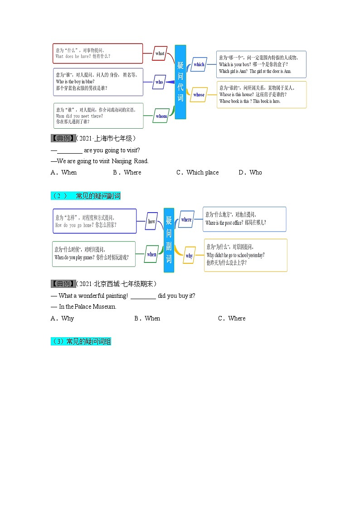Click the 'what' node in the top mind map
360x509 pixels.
pyautogui.click(x=160, y=53)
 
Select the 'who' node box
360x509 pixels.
pyautogui.click(x=159, y=82)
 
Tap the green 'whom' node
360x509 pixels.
pyautogui.click(x=161, y=116)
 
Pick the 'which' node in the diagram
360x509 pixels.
pyautogui.click(x=199, y=64)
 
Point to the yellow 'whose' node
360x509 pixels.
pyautogui.click(x=199, y=95)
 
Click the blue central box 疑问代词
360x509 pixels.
pyautogui.click(x=180, y=82)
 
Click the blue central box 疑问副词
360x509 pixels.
pyautogui.click(x=169, y=240)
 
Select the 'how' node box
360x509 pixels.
pyautogui.click(x=151, y=222)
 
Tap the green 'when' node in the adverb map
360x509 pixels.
pyautogui.click(x=151, y=254)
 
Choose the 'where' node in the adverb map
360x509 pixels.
pyautogui.click(x=186, y=219)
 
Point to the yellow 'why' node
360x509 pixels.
pyautogui.click(x=189, y=256)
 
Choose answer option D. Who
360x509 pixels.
pyautogui.click(x=250, y=172)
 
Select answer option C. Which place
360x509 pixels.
pyautogui.click(x=198, y=172)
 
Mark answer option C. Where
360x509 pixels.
pyautogui.click(x=232, y=318)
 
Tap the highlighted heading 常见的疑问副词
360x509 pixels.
pyautogui.click(x=86, y=196)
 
